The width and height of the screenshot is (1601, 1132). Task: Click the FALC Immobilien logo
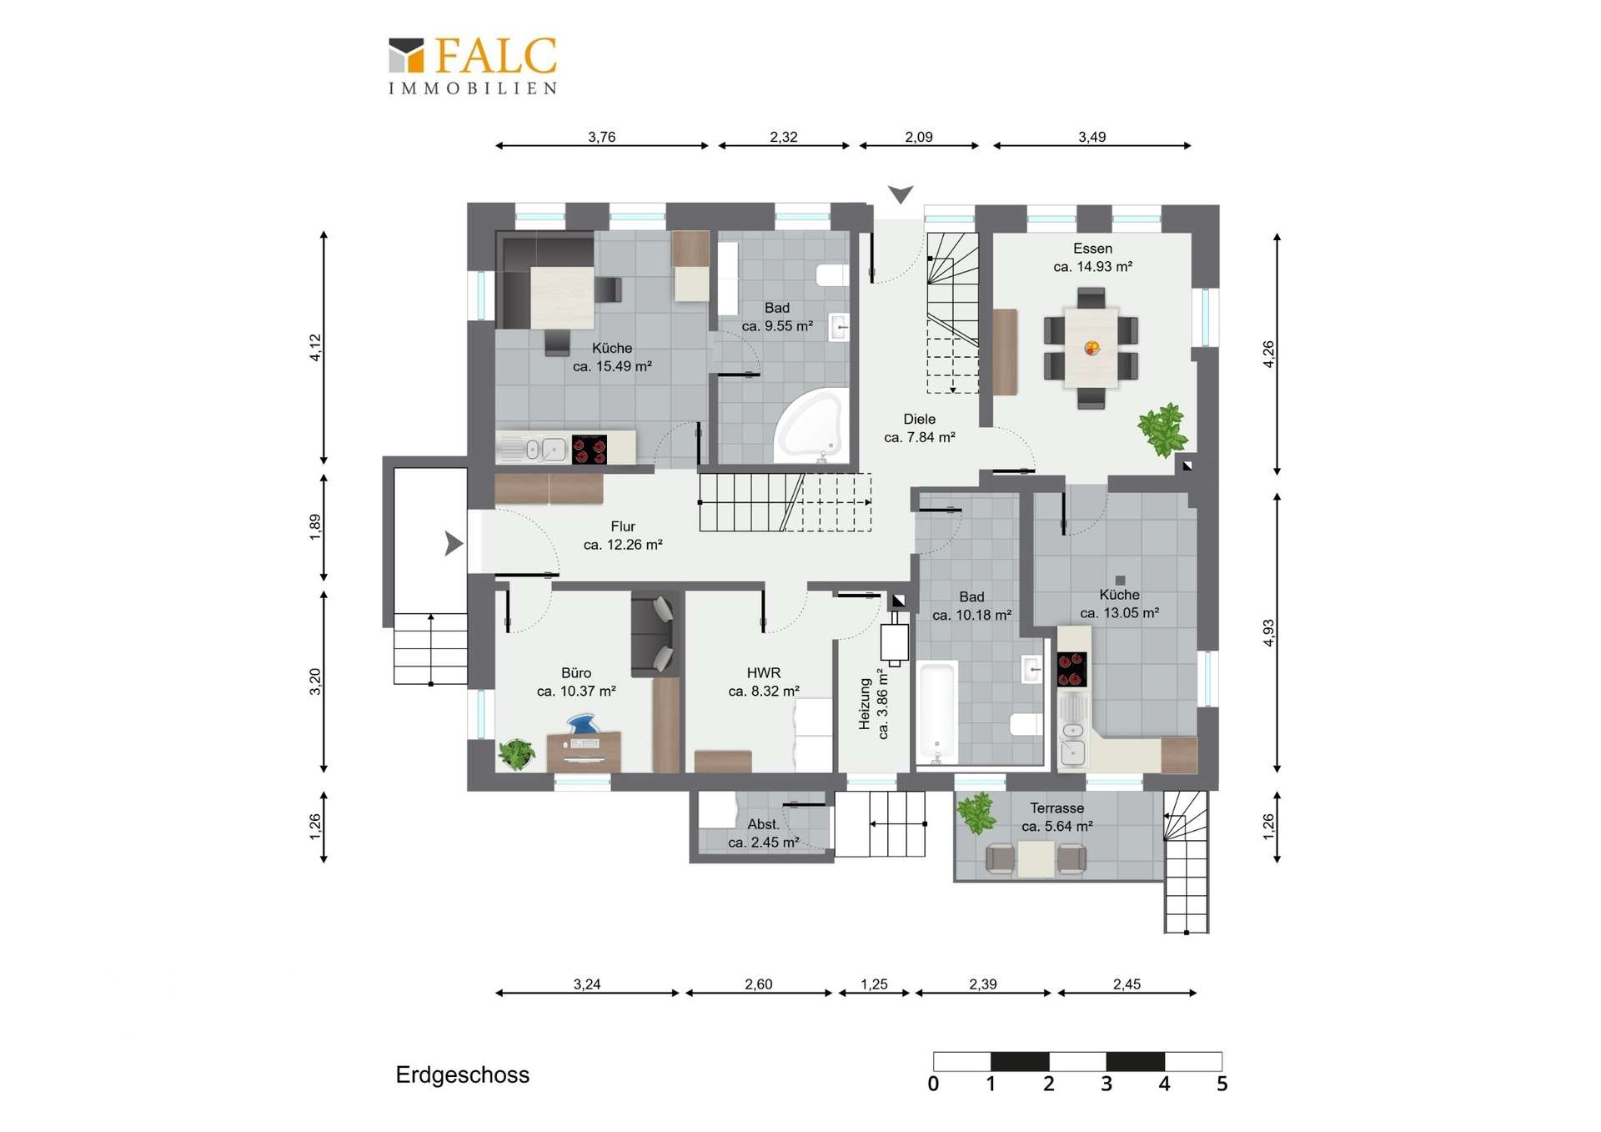coord(473,66)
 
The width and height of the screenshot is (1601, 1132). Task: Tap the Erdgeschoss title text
coord(462,1074)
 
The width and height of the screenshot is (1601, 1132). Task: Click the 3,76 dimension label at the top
coord(601,137)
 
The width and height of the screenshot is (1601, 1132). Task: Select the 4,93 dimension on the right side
coord(1268,632)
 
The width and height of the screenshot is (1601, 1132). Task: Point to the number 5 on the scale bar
coord(1222,1084)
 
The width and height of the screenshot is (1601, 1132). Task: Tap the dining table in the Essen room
coord(1091,348)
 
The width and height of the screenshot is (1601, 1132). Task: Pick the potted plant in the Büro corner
coord(516,754)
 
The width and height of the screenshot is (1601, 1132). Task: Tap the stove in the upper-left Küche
coord(590,449)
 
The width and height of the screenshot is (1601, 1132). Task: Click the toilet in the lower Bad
coord(1026,724)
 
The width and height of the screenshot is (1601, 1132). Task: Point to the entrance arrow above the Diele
coord(901,194)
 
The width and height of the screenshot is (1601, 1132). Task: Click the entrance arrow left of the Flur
coord(454,543)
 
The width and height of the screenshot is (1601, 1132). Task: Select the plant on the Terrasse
coord(976,813)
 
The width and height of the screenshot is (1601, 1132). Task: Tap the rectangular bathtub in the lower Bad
coord(936,712)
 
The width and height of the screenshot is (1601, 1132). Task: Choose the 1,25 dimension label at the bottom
coord(874,984)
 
